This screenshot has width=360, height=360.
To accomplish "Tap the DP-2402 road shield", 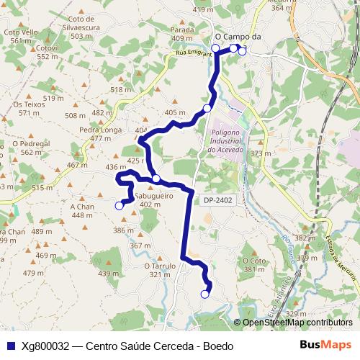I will pyautogui.click(x=217, y=199).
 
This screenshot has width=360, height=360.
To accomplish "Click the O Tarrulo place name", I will pyautogui.click(x=160, y=265).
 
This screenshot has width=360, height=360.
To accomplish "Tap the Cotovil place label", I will pyautogui.click(x=47, y=47).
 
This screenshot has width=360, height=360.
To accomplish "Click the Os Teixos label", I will pyautogui.click(x=30, y=104).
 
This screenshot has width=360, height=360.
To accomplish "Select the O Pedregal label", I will pyautogui.click(x=32, y=143).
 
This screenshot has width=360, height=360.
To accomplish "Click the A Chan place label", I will pyautogui.click(x=83, y=206).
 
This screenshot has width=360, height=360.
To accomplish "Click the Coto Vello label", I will pyautogui.click(x=21, y=32).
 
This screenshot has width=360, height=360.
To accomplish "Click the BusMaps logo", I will pyautogui.click(x=325, y=346).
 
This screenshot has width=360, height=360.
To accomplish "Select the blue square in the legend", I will pyautogui.click(x=10, y=346).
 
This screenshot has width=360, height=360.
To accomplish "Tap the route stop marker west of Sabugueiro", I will pyautogui.click(x=120, y=206).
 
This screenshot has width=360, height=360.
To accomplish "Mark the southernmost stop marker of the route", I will pyautogui.click(x=204, y=294).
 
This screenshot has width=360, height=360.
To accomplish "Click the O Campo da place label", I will pyautogui.click(x=238, y=36).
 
